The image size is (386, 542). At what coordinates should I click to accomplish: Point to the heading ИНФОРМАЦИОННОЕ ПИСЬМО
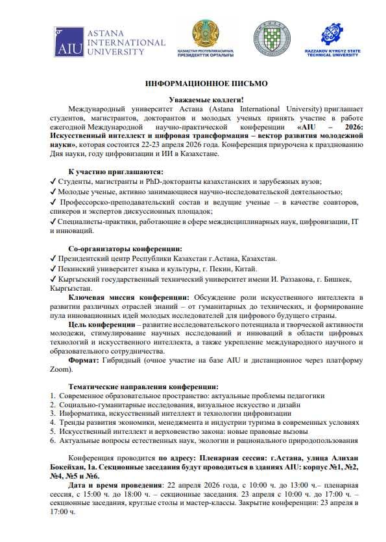click(206, 84)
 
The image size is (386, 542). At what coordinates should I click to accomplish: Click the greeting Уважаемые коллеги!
click(206, 99)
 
